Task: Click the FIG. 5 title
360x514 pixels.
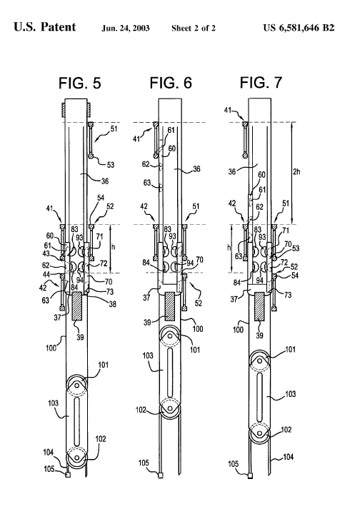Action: click(x=80, y=83)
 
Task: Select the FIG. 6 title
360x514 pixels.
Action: click(x=171, y=83)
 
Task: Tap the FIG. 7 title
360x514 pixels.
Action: click(x=261, y=82)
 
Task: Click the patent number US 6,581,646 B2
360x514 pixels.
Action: click(x=299, y=28)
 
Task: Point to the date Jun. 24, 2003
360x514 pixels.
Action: click(x=125, y=28)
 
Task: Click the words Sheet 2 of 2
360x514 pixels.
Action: click(x=194, y=28)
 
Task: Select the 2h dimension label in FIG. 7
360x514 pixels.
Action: click(x=296, y=171)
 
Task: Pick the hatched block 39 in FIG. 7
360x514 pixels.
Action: click(x=260, y=306)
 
